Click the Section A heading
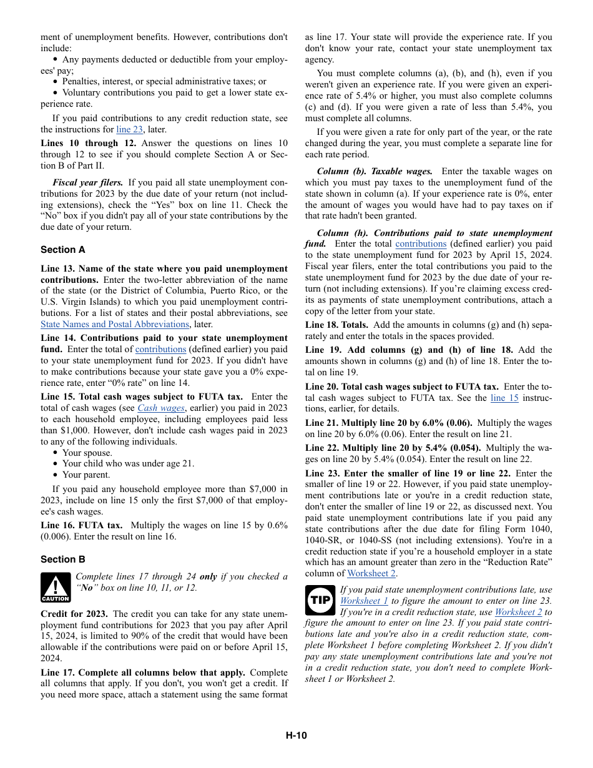tap(62, 250)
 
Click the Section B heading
tap(62, 559)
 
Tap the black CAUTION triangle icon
tap(56, 588)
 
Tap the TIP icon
tap(320, 600)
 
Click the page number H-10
tap(296, 736)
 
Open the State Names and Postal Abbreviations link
tap(114, 324)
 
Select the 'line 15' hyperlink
tap(504, 398)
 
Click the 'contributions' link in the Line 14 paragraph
tap(160, 350)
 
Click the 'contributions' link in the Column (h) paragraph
tap(421, 244)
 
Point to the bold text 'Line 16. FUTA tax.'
tap(81, 525)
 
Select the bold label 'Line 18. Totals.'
tap(336, 325)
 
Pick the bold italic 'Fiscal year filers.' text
tap(88, 182)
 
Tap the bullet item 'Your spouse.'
tap(87, 453)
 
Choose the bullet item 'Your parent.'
tap(86, 475)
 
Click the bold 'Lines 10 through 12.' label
tap(88, 143)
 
